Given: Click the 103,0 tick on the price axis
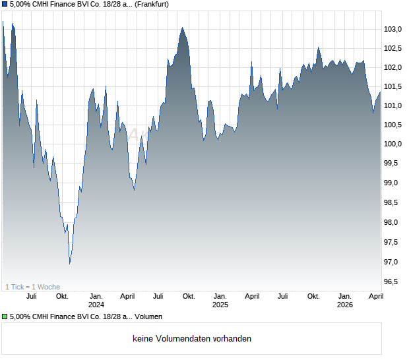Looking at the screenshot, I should (x=394, y=29).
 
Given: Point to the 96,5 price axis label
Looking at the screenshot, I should (x=394, y=282).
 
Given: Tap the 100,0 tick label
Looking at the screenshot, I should (x=394, y=144).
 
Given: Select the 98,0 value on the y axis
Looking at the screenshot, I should (x=394, y=223).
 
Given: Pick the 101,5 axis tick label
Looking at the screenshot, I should (x=394, y=86).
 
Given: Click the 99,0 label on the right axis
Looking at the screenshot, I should (x=394, y=183).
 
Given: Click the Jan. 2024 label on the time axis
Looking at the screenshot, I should (x=96, y=301).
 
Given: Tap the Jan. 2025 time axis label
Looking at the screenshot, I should (x=220, y=301).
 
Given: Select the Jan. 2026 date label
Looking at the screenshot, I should (x=345, y=301).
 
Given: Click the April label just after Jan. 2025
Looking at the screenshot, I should (x=252, y=297).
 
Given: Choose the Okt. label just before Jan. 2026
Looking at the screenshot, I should (x=313, y=297).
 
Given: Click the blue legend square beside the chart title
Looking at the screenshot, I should (x=5, y=5).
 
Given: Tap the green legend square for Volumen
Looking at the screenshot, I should (x=5, y=316).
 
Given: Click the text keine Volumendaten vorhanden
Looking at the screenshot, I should (x=192, y=339).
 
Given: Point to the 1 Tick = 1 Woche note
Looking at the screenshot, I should (x=33, y=287).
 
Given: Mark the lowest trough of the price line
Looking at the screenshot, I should (x=70, y=264).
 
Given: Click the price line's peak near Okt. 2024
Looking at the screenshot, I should (x=182, y=28).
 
